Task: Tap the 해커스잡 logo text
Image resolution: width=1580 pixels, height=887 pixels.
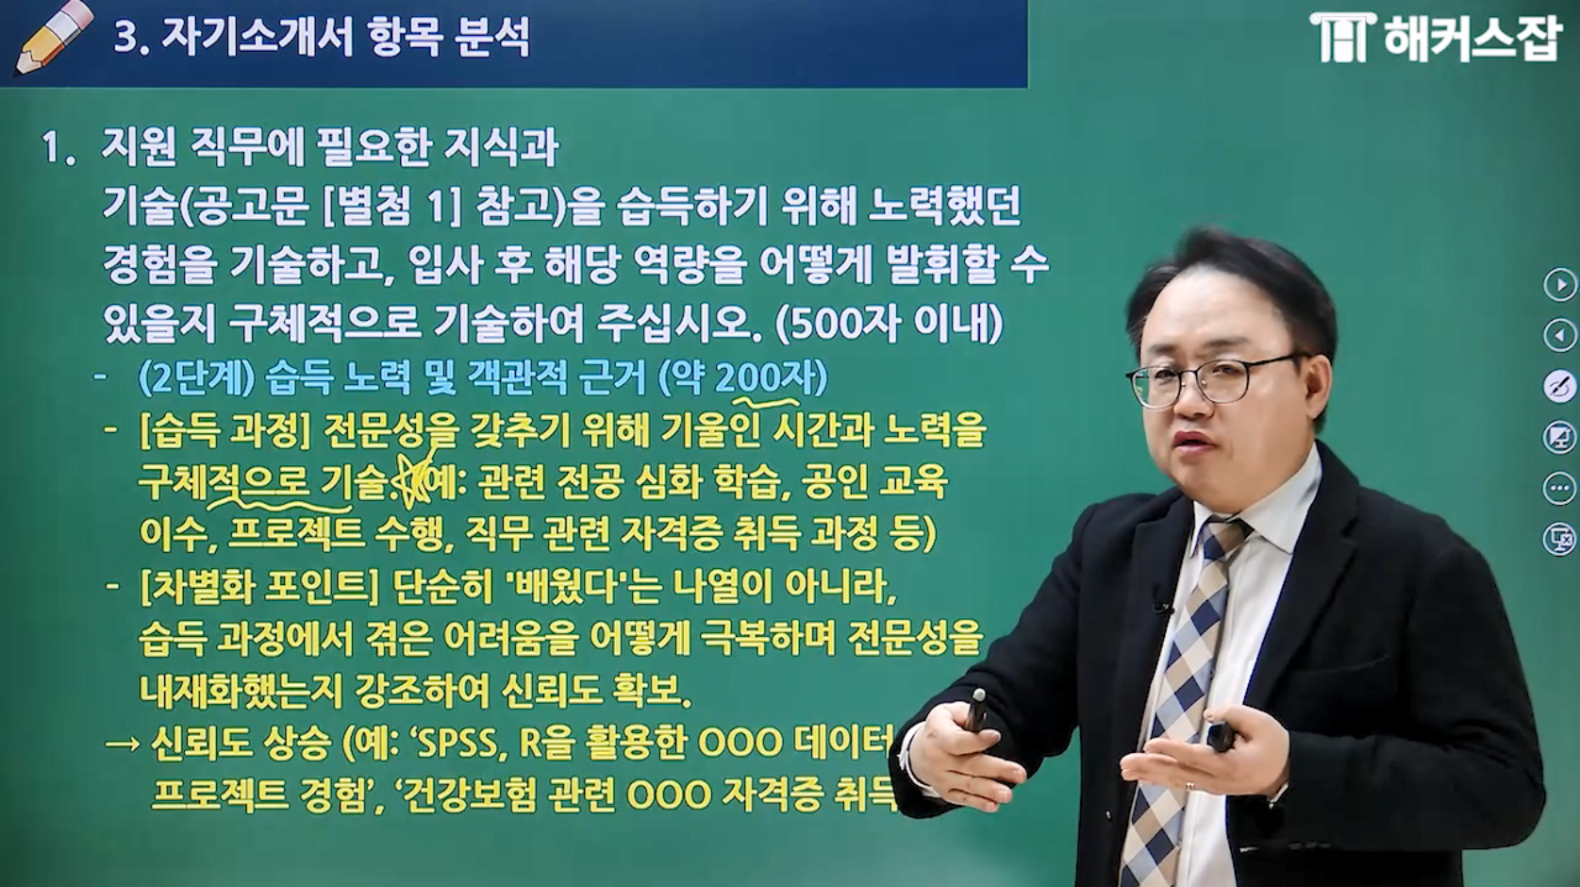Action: click(x=1470, y=38)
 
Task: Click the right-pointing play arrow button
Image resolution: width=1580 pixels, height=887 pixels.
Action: click(x=1559, y=284)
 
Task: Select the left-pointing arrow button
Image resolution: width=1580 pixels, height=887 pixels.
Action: click(x=1559, y=335)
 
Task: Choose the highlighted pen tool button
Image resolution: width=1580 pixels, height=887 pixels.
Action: click(x=1559, y=386)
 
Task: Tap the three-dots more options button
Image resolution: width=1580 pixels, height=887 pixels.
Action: click(x=1559, y=488)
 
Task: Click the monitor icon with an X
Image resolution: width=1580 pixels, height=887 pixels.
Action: click(x=1559, y=539)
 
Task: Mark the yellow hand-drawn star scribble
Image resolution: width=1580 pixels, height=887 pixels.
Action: click(x=412, y=479)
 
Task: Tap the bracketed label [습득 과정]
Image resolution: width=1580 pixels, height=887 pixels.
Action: click(x=225, y=430)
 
